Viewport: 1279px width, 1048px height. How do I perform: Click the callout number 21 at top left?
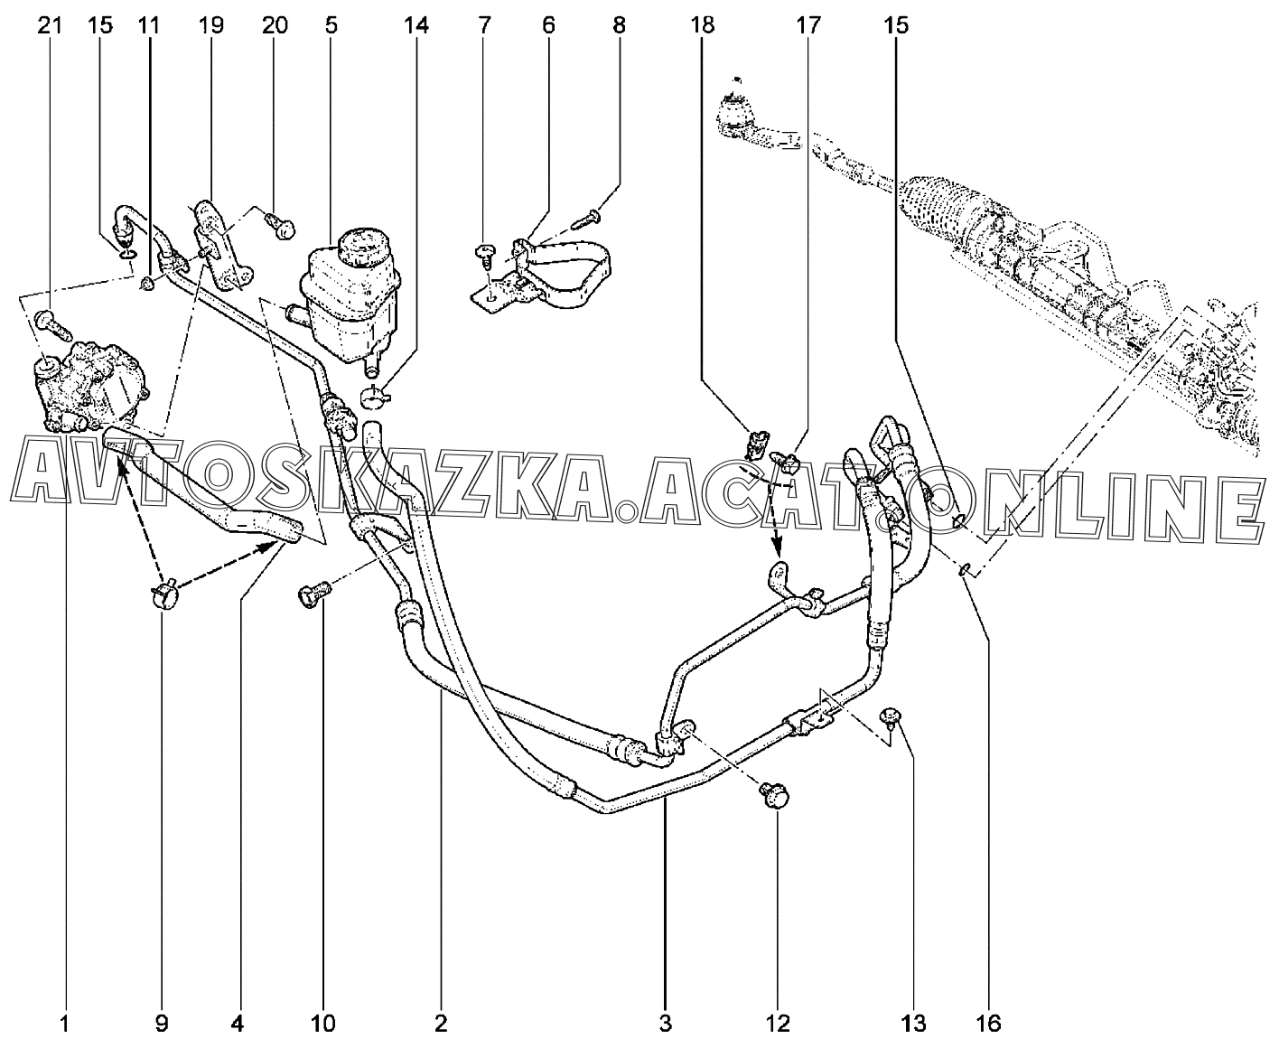51,25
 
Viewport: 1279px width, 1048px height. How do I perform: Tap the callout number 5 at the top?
331,25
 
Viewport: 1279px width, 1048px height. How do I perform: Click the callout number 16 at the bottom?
988,1024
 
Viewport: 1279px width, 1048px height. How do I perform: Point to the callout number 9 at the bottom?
162,1024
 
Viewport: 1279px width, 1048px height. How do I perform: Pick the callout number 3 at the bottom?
666,1024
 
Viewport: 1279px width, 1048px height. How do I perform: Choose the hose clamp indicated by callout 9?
164,592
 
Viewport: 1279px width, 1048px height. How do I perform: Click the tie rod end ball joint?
735,114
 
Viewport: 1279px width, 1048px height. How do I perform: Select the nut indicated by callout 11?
146,283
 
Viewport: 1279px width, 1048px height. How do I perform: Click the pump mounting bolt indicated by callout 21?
53,326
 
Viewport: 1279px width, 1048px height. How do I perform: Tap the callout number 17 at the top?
808,25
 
